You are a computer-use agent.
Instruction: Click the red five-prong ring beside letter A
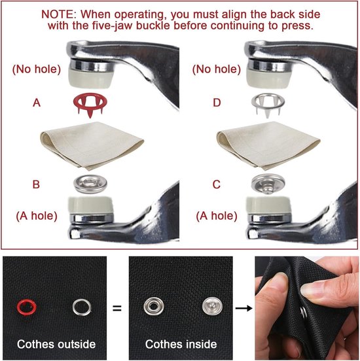(x=90, y=97)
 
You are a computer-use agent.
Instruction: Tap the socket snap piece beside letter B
(x=90, y=184)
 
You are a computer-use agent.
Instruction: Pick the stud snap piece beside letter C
(x=268, y=184)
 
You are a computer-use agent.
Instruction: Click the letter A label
(x=37, y=103)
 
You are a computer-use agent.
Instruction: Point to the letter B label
(x=36, y=184)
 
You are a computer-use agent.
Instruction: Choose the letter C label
(x=217, y=184)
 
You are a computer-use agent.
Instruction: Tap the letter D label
(x=217, y=103)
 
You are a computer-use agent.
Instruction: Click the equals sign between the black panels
(x=117, y=308)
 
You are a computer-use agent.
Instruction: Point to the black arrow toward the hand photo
(x=244, y=308)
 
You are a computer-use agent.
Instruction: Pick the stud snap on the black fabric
(x=212, y=306)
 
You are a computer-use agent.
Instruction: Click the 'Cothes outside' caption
(x=56, y=344)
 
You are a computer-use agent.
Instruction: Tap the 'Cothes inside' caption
(x=181, y=344)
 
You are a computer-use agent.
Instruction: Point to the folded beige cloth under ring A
(x=92, y=145)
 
